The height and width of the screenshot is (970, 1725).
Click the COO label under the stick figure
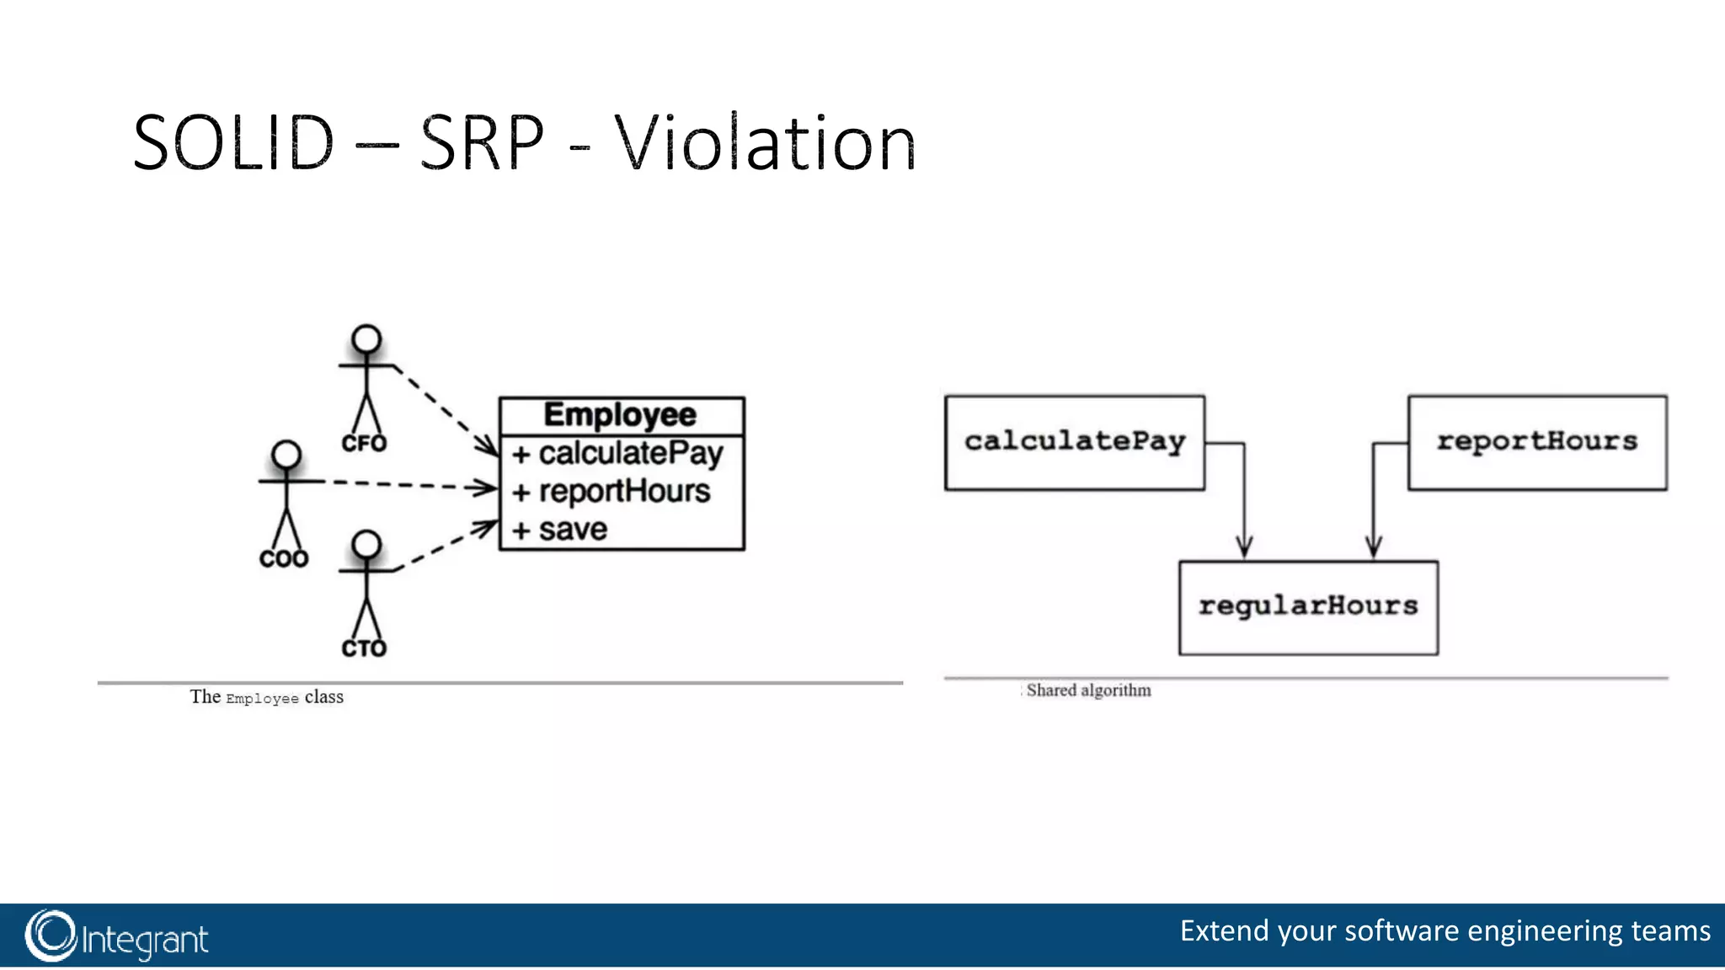[284, 559]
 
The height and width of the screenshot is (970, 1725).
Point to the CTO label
[364, 648]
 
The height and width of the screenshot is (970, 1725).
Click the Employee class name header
[621, 415]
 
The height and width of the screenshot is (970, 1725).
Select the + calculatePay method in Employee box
[617, 454]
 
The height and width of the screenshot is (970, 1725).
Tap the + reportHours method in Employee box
[611, 492]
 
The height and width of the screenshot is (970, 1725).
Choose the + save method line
[560, 530]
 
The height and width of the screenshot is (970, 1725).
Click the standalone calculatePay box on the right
[1075, 442]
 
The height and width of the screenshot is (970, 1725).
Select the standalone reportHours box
[1537, 442]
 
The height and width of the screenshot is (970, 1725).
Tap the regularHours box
[1308, 607]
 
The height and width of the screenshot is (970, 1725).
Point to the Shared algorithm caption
[1088, 690]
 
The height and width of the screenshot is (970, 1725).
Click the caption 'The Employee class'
[266, 697]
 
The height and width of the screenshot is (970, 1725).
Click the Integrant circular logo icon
[51, 935]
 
